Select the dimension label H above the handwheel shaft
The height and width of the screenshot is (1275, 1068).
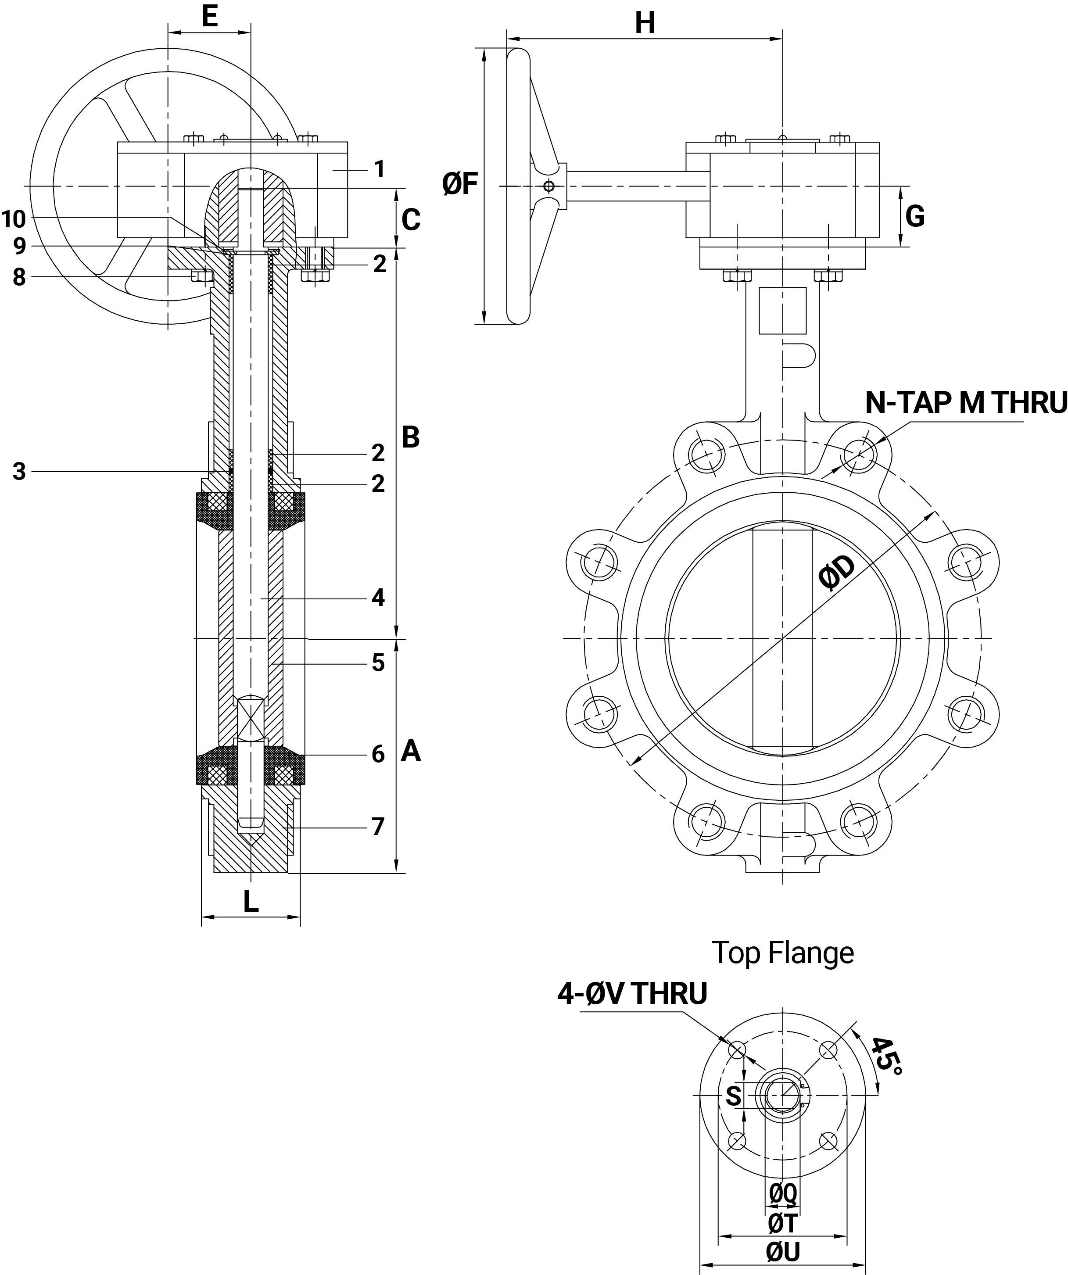click(x=645, y=23)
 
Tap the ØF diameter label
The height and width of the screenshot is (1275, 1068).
click(x=461, y=184)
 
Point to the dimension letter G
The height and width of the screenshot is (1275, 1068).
click(x=914, y=216)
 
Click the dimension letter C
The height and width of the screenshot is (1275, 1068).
click(x=411, y=220)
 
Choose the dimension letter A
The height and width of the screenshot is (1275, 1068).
click(x=411, y=751)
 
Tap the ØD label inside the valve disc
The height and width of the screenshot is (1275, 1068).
click(x=837, y=573)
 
